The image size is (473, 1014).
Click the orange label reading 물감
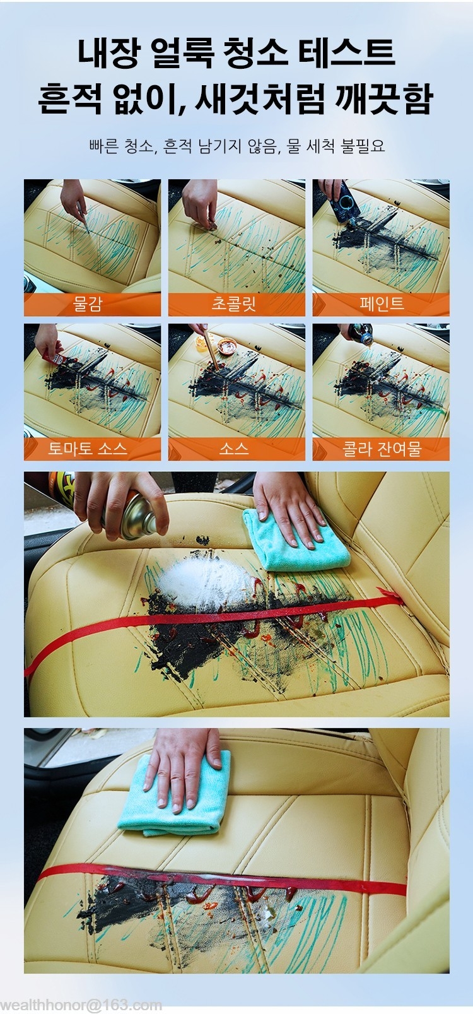click(x=92, y=304)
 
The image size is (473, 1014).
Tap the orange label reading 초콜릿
click(x=237, y=304)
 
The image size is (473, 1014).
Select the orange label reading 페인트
click(x=381, y=304)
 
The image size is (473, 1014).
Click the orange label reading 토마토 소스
click(x=92, y=449)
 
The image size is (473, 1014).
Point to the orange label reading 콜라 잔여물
click(x=381, y=449)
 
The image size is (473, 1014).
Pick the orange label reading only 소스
click(x=237, y=449)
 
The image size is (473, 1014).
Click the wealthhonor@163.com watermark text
click(x=81, y=1005)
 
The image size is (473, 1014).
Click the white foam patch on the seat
click(x=204, y=583)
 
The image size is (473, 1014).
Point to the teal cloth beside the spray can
click(x=295, y=541)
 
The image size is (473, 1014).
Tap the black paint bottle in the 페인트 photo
click(x=347, y=201)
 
